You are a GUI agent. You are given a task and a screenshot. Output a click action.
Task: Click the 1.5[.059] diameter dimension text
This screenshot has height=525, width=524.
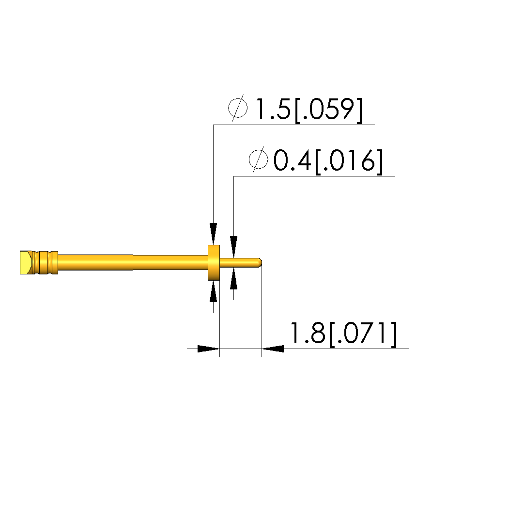click(308, 109)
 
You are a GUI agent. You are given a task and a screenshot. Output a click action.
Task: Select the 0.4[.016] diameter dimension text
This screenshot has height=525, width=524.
click(328, 161)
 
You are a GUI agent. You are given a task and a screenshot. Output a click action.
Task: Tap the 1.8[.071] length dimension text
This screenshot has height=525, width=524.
click(343, 334)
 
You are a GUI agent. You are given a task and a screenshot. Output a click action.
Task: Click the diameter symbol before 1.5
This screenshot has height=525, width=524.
click(238, 108)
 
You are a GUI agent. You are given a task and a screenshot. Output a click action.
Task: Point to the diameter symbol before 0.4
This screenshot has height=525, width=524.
click(259, 159)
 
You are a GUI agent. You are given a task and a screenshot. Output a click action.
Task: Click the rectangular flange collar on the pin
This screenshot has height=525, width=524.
click(214, 263)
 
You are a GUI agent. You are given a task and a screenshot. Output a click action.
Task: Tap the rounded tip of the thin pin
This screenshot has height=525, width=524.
click(259, 263)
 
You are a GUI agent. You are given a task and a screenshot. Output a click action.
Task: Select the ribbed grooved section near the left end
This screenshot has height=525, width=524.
click(46, 263)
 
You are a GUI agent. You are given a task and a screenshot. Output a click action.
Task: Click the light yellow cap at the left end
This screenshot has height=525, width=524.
click(26, 263)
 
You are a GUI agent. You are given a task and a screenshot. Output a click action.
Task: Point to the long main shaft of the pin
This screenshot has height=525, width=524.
click(133, 263)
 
